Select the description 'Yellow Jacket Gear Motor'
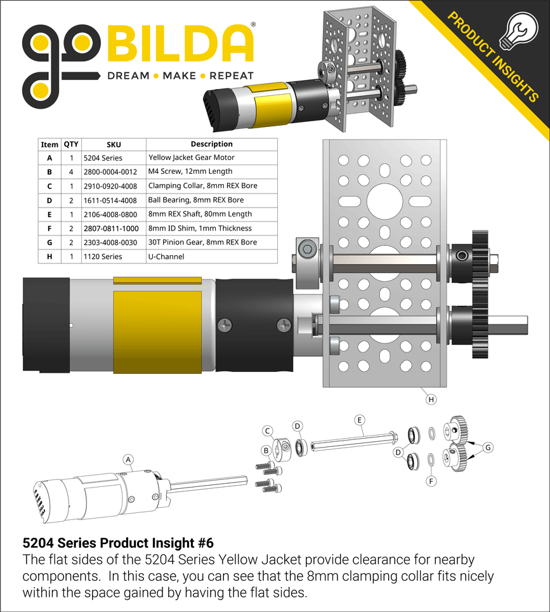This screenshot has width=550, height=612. [x=191, y=157]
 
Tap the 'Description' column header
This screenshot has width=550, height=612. [x=211, y=144]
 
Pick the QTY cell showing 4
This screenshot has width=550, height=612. [x=71, y=171]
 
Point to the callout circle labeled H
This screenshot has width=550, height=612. [x=431, y=399]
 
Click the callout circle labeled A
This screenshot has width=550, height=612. [x=128, y=459]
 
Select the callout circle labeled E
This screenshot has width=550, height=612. [x=359, y=420]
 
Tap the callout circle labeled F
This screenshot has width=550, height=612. [x=431, y=481]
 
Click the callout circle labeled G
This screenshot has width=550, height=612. [x=487, y=447]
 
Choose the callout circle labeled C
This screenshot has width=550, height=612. [x=268, y=431]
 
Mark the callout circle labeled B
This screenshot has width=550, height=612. [x=267, y=450]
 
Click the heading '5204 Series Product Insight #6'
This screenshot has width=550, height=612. [x=118, y=543]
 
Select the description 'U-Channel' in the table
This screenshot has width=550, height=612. [x=167, y=256]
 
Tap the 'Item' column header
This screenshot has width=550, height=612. [x=49, y=144]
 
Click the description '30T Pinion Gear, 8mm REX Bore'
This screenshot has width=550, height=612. [x=202, y=242]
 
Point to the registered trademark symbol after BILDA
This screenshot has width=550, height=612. [x=254, y=25]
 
